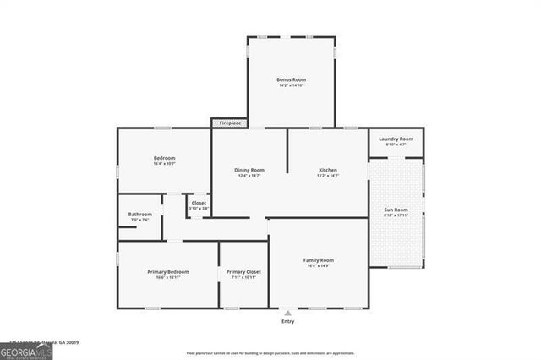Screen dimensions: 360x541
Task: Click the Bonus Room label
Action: tap(290, 80)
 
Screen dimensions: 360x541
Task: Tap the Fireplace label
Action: tap(230, 123)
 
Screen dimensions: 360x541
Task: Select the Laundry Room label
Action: tap(396, 139)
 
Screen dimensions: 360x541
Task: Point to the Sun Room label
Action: tap(396, 210)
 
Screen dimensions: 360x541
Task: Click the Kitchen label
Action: tap(328, 170)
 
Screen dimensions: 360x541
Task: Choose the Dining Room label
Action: tap(249, 170)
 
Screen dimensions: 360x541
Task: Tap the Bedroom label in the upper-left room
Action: tap(164, 158)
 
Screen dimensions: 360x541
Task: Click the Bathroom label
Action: tap(140, 215)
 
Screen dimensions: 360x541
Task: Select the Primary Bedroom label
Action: tap(168, 271)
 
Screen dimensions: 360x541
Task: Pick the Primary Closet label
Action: tap(243, 271)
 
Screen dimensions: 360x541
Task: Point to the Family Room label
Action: tap(320, 260)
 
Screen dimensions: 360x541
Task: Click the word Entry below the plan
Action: tap(288, 321)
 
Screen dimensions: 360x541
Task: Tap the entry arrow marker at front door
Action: tap(288, 312)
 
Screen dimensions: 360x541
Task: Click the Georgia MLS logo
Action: tap(26, 350)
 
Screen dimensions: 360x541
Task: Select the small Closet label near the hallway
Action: tap(199, 203)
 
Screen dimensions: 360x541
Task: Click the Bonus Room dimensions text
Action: tap(290, 85)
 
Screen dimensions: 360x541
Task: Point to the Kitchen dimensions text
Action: tap(328, 176)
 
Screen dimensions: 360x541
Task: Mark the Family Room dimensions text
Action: tap(320, 266)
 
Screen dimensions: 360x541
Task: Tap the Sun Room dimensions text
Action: tap(396, 215)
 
